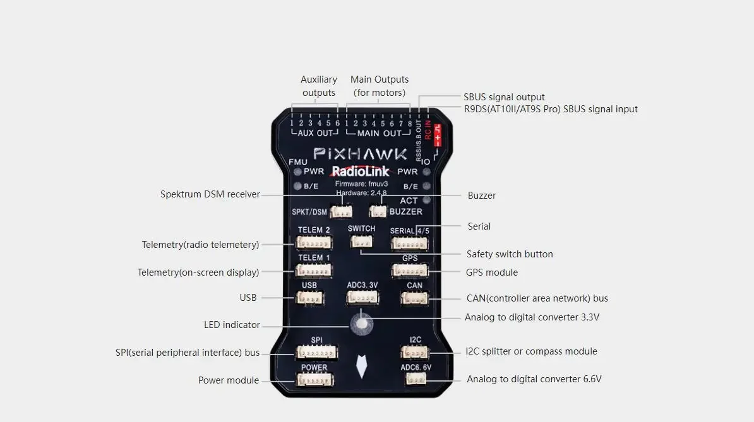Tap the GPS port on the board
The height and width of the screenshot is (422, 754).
coord(409,271)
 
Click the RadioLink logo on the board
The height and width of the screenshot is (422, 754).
coord(361,172)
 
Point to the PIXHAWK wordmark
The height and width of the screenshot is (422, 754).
coord(361,154)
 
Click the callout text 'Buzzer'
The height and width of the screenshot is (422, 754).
coord(482,196)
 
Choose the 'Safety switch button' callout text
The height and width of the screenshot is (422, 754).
coord(510,254)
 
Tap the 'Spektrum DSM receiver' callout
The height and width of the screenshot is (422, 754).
coord(210,194)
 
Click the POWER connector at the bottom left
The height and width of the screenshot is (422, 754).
coord(315,379)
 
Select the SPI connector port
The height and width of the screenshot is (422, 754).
coord(316,352)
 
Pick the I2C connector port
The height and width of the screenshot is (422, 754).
coord(415,352)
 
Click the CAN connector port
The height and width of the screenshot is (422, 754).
coord(414,298)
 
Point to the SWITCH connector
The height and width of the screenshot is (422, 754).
coord(361,241)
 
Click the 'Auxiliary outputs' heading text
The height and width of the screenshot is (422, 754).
coord(319,86)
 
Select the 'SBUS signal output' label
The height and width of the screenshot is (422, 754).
coord(504,97)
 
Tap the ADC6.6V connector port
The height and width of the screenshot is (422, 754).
coord(416,379)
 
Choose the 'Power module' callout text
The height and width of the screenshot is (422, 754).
coord(229,380)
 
